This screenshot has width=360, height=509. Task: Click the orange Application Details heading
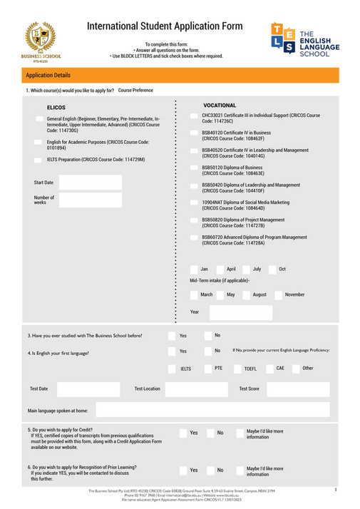click(x=48, y=75)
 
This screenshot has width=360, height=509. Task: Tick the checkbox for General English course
click(x=38, y=118)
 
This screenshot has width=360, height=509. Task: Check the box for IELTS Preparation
click(x=38, y=160)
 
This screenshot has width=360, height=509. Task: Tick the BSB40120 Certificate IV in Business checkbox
click(x=194, y=133)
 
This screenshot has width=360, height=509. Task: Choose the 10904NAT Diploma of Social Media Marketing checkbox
click(x=194, y=203)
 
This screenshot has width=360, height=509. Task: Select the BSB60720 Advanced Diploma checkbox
click(x=194, y=238)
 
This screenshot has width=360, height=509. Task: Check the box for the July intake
click(x=247, y=269)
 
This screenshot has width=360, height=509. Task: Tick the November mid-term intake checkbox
click(x=278, y=294)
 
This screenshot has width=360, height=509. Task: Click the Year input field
click(x=240, y=312)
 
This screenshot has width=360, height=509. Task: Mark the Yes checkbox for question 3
click(x=172, y=335)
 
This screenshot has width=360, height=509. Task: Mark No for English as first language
click(x=207, y=351)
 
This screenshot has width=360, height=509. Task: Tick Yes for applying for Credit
click(x=182, y=433)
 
